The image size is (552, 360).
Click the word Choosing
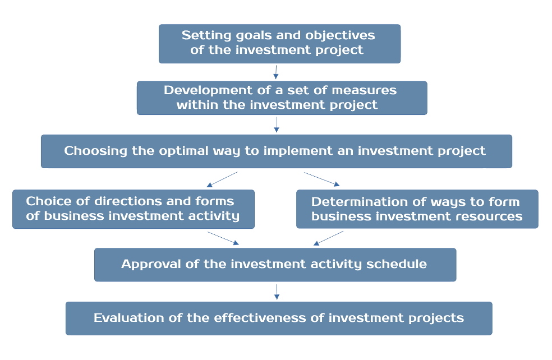(92, 151)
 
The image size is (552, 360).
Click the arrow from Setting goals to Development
(276, 72)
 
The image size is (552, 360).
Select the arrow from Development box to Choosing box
(276, 124)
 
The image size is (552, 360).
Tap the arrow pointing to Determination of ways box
(322, 179)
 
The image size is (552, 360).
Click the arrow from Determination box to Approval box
(328, 238)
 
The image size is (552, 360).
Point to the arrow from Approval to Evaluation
(276, 291)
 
